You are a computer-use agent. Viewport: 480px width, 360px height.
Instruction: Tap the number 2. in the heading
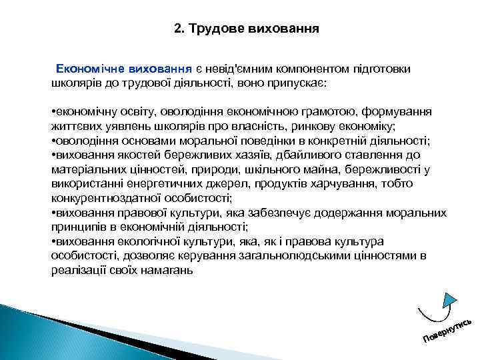point(179,29)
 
